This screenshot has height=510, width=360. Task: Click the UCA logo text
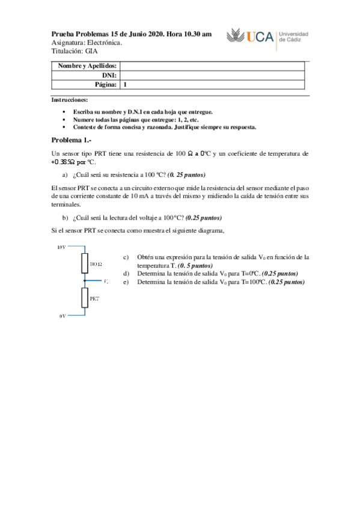[260, 38]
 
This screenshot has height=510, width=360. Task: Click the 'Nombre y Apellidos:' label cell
[88, 66]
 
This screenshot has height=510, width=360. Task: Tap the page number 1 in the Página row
[124, 85]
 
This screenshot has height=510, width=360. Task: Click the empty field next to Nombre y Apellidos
[213, 66]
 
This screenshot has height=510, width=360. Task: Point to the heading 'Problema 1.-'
[71, 140]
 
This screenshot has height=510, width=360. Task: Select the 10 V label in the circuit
[61, 247]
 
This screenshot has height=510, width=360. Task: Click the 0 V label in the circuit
[61, 315]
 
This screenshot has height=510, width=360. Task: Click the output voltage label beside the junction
[106, 281]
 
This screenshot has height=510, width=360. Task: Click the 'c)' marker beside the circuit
[126, 257]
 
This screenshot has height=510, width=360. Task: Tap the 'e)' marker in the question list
[126, 281]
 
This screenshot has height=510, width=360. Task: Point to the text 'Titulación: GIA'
[74, 51]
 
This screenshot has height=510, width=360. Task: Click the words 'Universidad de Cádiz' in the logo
[294, 37]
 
